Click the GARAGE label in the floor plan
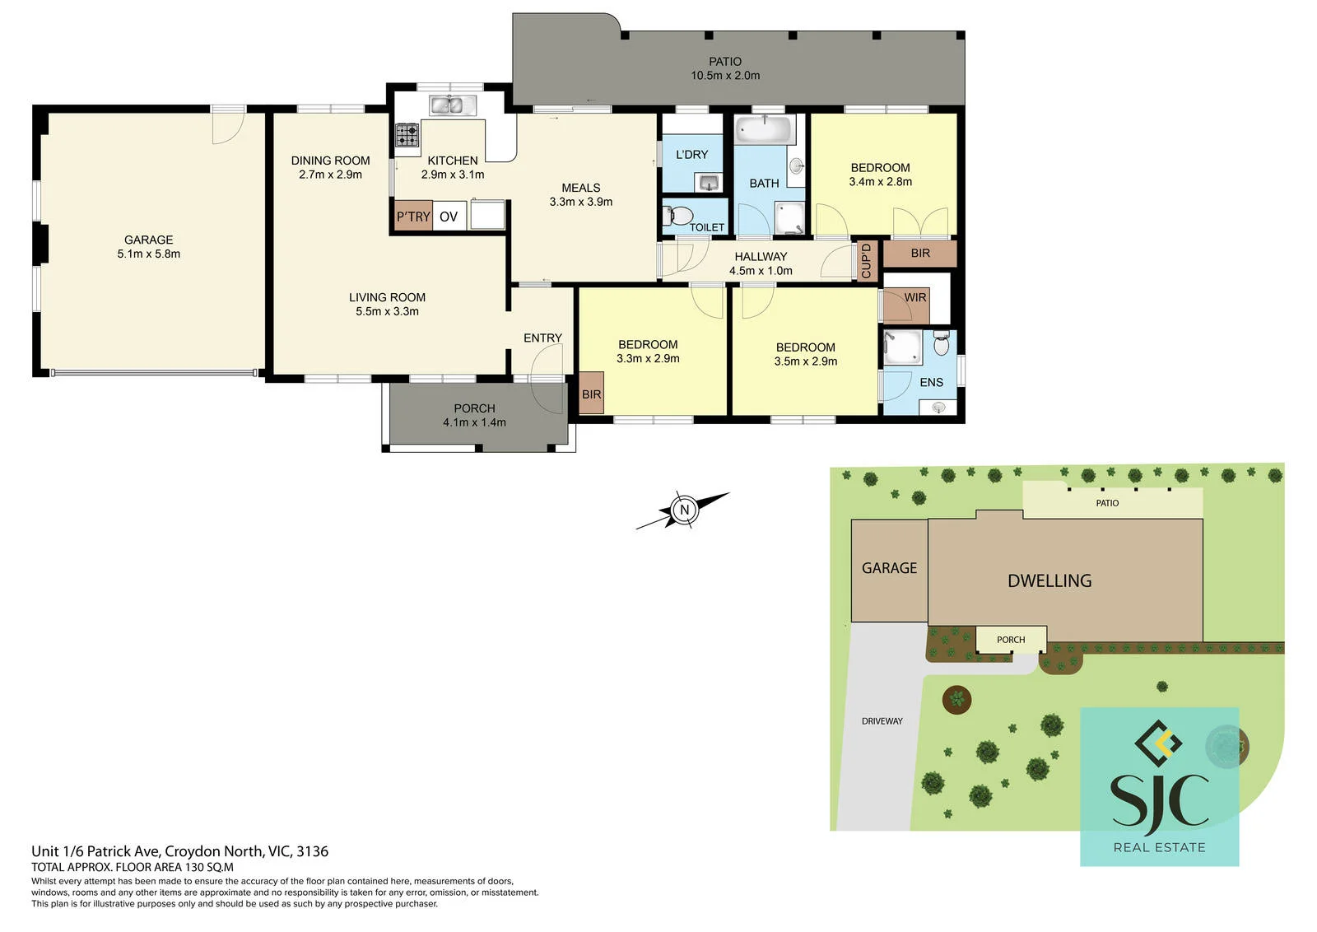149,240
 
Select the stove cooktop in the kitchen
407,135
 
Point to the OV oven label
449,217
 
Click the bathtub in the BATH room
765,129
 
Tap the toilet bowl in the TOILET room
678,215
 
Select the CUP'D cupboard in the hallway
867,260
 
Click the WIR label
915,297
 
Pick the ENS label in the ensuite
931,382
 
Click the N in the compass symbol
684,509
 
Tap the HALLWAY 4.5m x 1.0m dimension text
761,271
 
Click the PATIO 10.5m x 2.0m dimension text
725,75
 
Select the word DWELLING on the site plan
1049,581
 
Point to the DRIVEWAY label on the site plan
882,721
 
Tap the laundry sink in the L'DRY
709,182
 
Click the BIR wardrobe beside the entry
592,394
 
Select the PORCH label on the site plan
1011,640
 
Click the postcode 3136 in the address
312,850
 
